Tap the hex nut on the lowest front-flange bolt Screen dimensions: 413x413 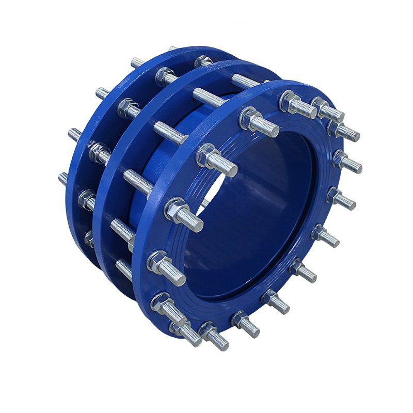click(x=206, y=329)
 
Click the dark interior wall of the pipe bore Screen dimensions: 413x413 click(x=268, y=206)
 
